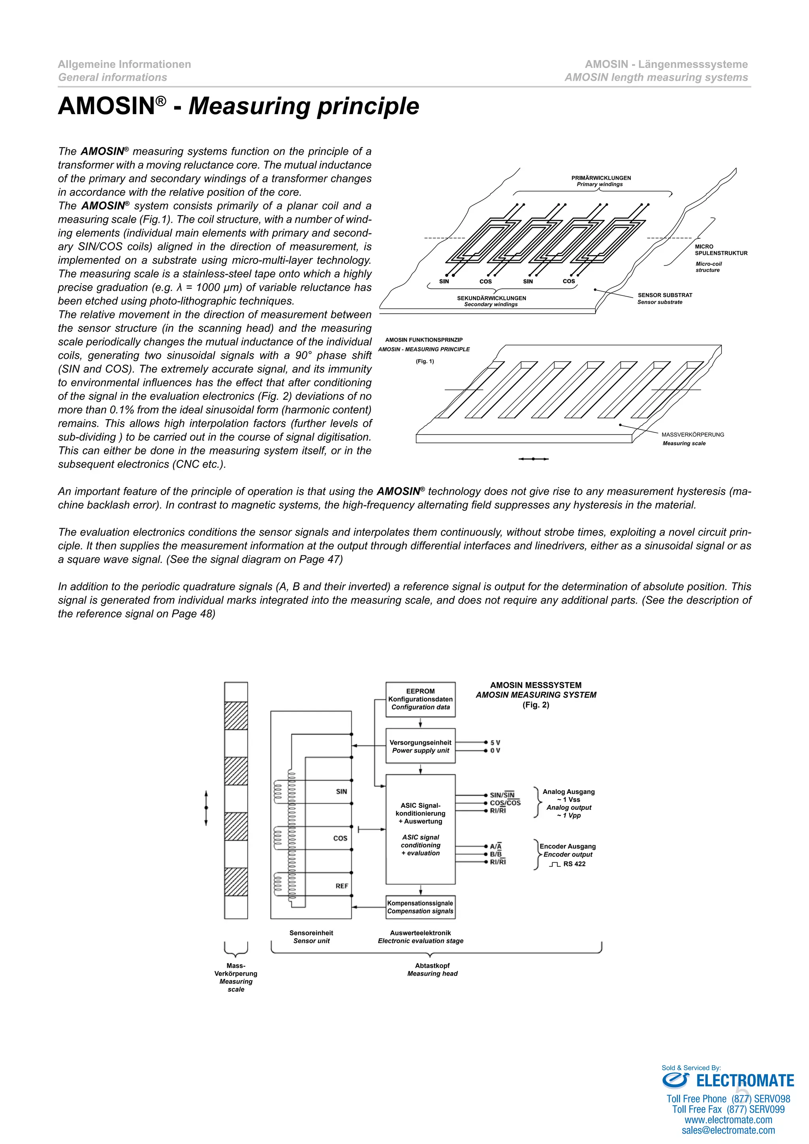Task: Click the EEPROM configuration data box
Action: coord(420,699)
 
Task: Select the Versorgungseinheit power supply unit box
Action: coord(420,746)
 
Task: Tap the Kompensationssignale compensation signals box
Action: coord(420,907)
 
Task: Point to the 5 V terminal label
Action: coord(495,742)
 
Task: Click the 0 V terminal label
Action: coord(495,751)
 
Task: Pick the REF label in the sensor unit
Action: coord(342,886)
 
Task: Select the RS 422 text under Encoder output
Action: coord(574,864)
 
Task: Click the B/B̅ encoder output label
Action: coord(496,854)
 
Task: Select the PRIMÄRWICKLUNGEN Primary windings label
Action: coord(601,181)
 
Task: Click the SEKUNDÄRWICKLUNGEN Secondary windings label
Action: coord(491,301)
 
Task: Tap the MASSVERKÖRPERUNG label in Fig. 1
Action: coord(692,435)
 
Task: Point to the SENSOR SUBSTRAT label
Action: coord(665,295)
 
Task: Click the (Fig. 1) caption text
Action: coord(425,361)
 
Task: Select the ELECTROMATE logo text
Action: coord(745,1081)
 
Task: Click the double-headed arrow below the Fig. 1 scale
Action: coord(534,459)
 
